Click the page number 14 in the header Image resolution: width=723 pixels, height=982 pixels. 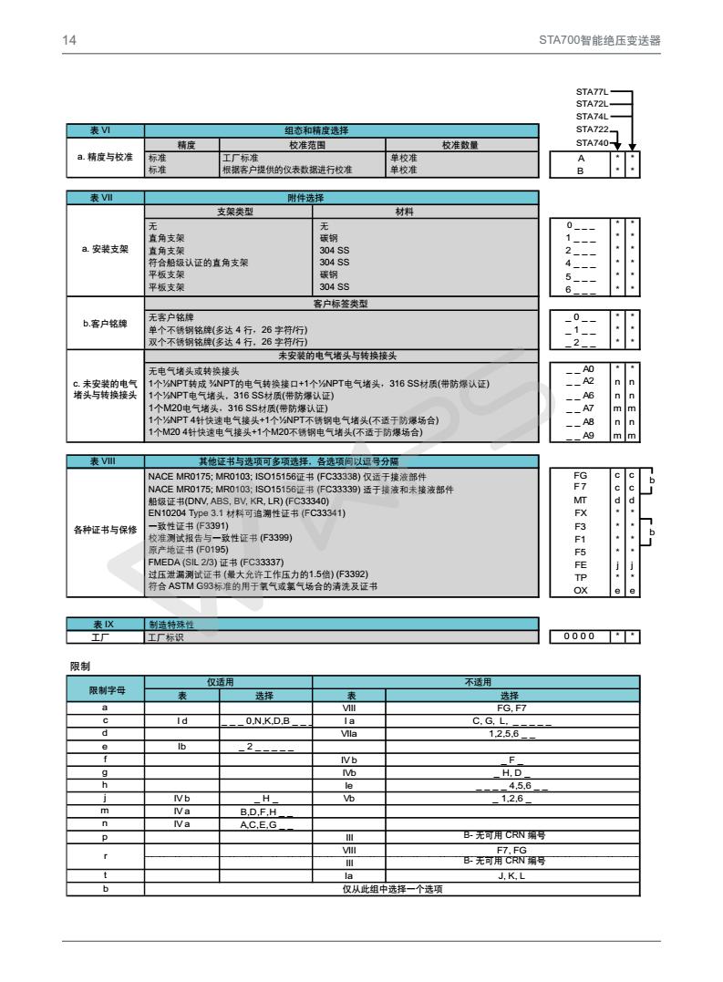[x=67, y=40]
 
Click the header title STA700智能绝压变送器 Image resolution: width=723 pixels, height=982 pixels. [x=599, y=40]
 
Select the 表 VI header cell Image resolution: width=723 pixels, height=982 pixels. [x=105, y=131]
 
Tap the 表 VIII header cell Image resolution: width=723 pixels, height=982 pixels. [x=105, y=461]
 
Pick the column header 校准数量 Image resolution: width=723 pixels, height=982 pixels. [x=461, y=145]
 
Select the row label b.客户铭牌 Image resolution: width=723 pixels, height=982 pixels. [x=105, y=324]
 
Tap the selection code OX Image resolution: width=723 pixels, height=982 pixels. [x=580, y=591]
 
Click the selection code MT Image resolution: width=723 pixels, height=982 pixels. [x=580, y=501]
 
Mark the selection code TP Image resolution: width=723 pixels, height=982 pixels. [x=580, y=578]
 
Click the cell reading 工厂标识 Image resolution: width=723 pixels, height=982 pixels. [x=166, y=636]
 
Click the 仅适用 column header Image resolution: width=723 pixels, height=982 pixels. [x=228, y=681]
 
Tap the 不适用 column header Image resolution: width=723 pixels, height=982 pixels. [x=475, y=681]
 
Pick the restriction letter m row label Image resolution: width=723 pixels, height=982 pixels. [x=105, y=810]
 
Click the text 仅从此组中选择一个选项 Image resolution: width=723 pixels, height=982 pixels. [x=392, y=890]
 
